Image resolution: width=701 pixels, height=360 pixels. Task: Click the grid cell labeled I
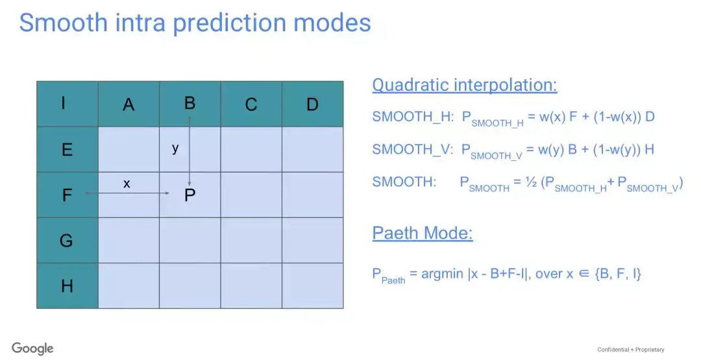68,104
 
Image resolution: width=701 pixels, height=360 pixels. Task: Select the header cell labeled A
129,104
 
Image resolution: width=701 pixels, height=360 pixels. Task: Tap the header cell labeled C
251,104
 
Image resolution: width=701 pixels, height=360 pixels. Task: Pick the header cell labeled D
313,104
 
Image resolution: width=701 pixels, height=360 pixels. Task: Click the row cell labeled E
68,149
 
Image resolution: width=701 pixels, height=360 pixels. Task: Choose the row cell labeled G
68,240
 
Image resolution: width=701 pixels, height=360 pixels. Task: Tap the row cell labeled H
68,286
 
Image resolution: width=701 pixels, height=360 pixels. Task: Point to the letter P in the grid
190,195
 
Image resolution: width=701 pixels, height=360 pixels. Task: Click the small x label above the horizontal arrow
127,183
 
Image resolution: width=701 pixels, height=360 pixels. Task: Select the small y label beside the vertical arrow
175,148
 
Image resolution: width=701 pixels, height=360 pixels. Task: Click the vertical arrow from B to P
190,151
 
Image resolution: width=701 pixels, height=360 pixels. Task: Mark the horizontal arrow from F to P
127,193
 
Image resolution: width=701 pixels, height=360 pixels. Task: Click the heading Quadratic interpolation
465,85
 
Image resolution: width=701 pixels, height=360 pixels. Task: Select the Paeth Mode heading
423,233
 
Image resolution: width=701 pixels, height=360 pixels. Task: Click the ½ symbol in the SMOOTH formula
531,182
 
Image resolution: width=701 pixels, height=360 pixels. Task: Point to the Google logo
32,349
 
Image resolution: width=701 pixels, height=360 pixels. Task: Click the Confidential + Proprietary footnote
631,350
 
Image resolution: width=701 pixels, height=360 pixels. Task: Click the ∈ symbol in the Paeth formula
584,274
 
